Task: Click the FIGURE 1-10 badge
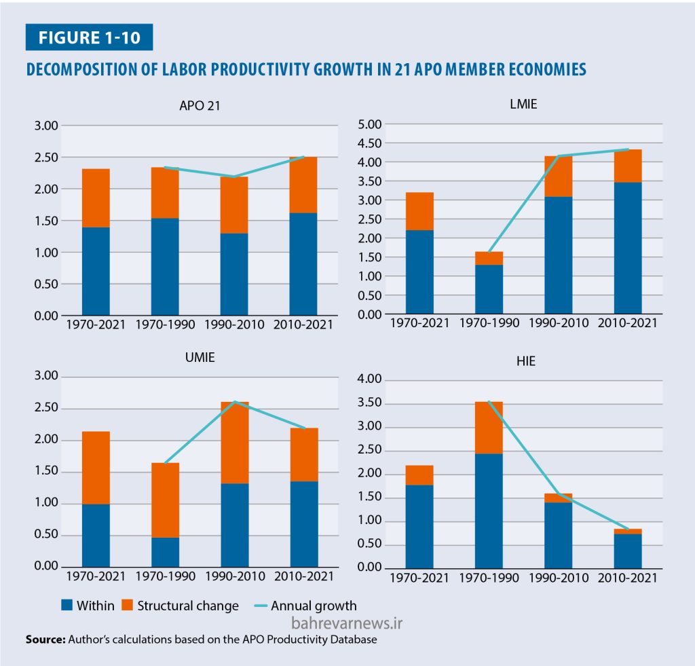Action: point(89,37)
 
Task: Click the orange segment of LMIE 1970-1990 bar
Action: point(489,258)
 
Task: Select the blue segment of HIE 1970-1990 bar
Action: point(489,510)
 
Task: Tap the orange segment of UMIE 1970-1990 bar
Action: point(165,500)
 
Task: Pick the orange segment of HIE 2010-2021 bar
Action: point(628,532)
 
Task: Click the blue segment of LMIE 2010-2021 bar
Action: point(628,248)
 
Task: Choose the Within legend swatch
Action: point(67,606)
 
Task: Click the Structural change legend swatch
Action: point(127,606)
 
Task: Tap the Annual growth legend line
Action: point(255,606)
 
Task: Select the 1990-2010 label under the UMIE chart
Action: point(234,576)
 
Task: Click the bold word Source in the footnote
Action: point(45,640)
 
